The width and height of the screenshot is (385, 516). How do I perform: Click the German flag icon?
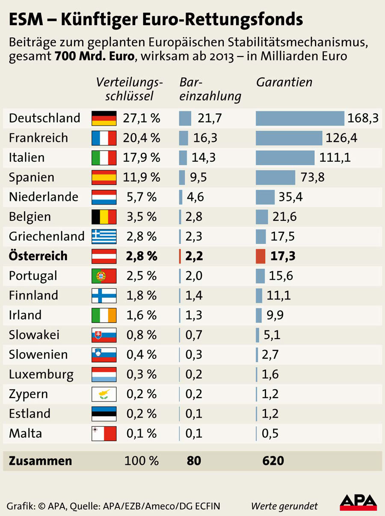click(104, 118)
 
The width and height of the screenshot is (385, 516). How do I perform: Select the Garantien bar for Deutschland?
click(300, 118)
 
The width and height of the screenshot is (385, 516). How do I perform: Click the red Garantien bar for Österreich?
click(261, 256)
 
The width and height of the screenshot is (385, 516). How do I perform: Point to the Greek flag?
click(104, 236)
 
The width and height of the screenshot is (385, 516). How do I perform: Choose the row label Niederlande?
click(44, 197)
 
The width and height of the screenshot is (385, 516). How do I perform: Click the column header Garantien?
click(284, 82)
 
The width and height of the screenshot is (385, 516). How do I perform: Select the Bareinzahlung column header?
click(210, 89)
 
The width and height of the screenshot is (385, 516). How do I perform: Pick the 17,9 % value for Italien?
click(141, 157)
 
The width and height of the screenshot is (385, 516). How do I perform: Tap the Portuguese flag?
click(104, 276)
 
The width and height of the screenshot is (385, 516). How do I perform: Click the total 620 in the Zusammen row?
click(273, 461)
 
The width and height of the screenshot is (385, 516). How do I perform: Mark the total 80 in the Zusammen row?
click(194, 461)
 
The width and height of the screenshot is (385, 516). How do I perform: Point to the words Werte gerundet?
click(284, 506)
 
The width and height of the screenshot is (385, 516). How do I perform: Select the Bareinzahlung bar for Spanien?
click(182, 177)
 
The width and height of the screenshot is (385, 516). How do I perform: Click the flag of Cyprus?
click(104, 394)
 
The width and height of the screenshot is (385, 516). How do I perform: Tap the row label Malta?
click(25, 433)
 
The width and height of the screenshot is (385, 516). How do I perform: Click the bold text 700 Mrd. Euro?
click(94, 56)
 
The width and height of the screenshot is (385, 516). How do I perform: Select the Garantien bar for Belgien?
click(262, 216)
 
